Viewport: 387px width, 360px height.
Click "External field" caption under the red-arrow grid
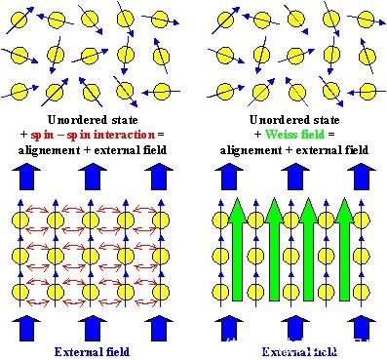click(x=91, y=348)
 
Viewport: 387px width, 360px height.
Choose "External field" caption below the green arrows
click(x=287, y=348)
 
